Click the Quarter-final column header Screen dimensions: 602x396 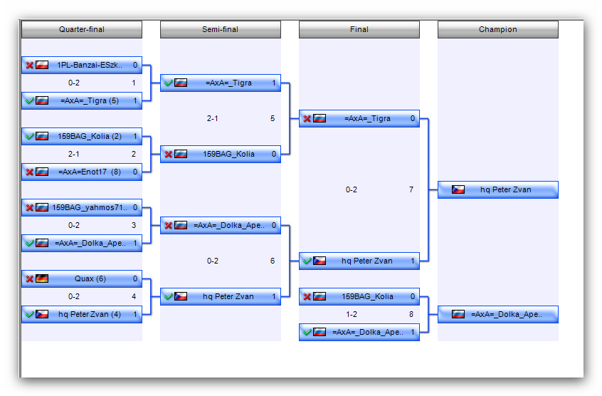point(82,29)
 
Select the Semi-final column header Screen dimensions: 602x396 point(221,29)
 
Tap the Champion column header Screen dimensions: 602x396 point(498,29)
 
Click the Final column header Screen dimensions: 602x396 point(359,29)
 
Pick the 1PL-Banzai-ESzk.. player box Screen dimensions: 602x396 point(82,65)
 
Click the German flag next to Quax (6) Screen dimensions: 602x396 point(42,278)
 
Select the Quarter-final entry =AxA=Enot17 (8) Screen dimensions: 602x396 point(82,172)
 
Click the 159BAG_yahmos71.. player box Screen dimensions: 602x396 point(82,207)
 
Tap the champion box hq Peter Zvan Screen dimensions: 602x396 point(498,189)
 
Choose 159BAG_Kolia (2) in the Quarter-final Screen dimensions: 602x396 point(82,136)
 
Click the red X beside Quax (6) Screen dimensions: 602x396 point(30,279)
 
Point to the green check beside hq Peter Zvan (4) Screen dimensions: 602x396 point(30,314)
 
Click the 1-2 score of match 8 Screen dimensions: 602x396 point(352,314)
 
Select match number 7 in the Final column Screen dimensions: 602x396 point(411,189)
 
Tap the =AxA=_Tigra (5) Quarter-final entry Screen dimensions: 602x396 point(82,100)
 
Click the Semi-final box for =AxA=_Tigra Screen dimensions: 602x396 point(221,83)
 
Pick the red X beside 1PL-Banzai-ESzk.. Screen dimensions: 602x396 point(30,66)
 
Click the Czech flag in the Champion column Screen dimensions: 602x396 point(458,189)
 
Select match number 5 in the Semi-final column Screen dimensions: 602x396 point(273,118)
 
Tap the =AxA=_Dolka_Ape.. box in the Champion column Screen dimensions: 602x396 point(498,314)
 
